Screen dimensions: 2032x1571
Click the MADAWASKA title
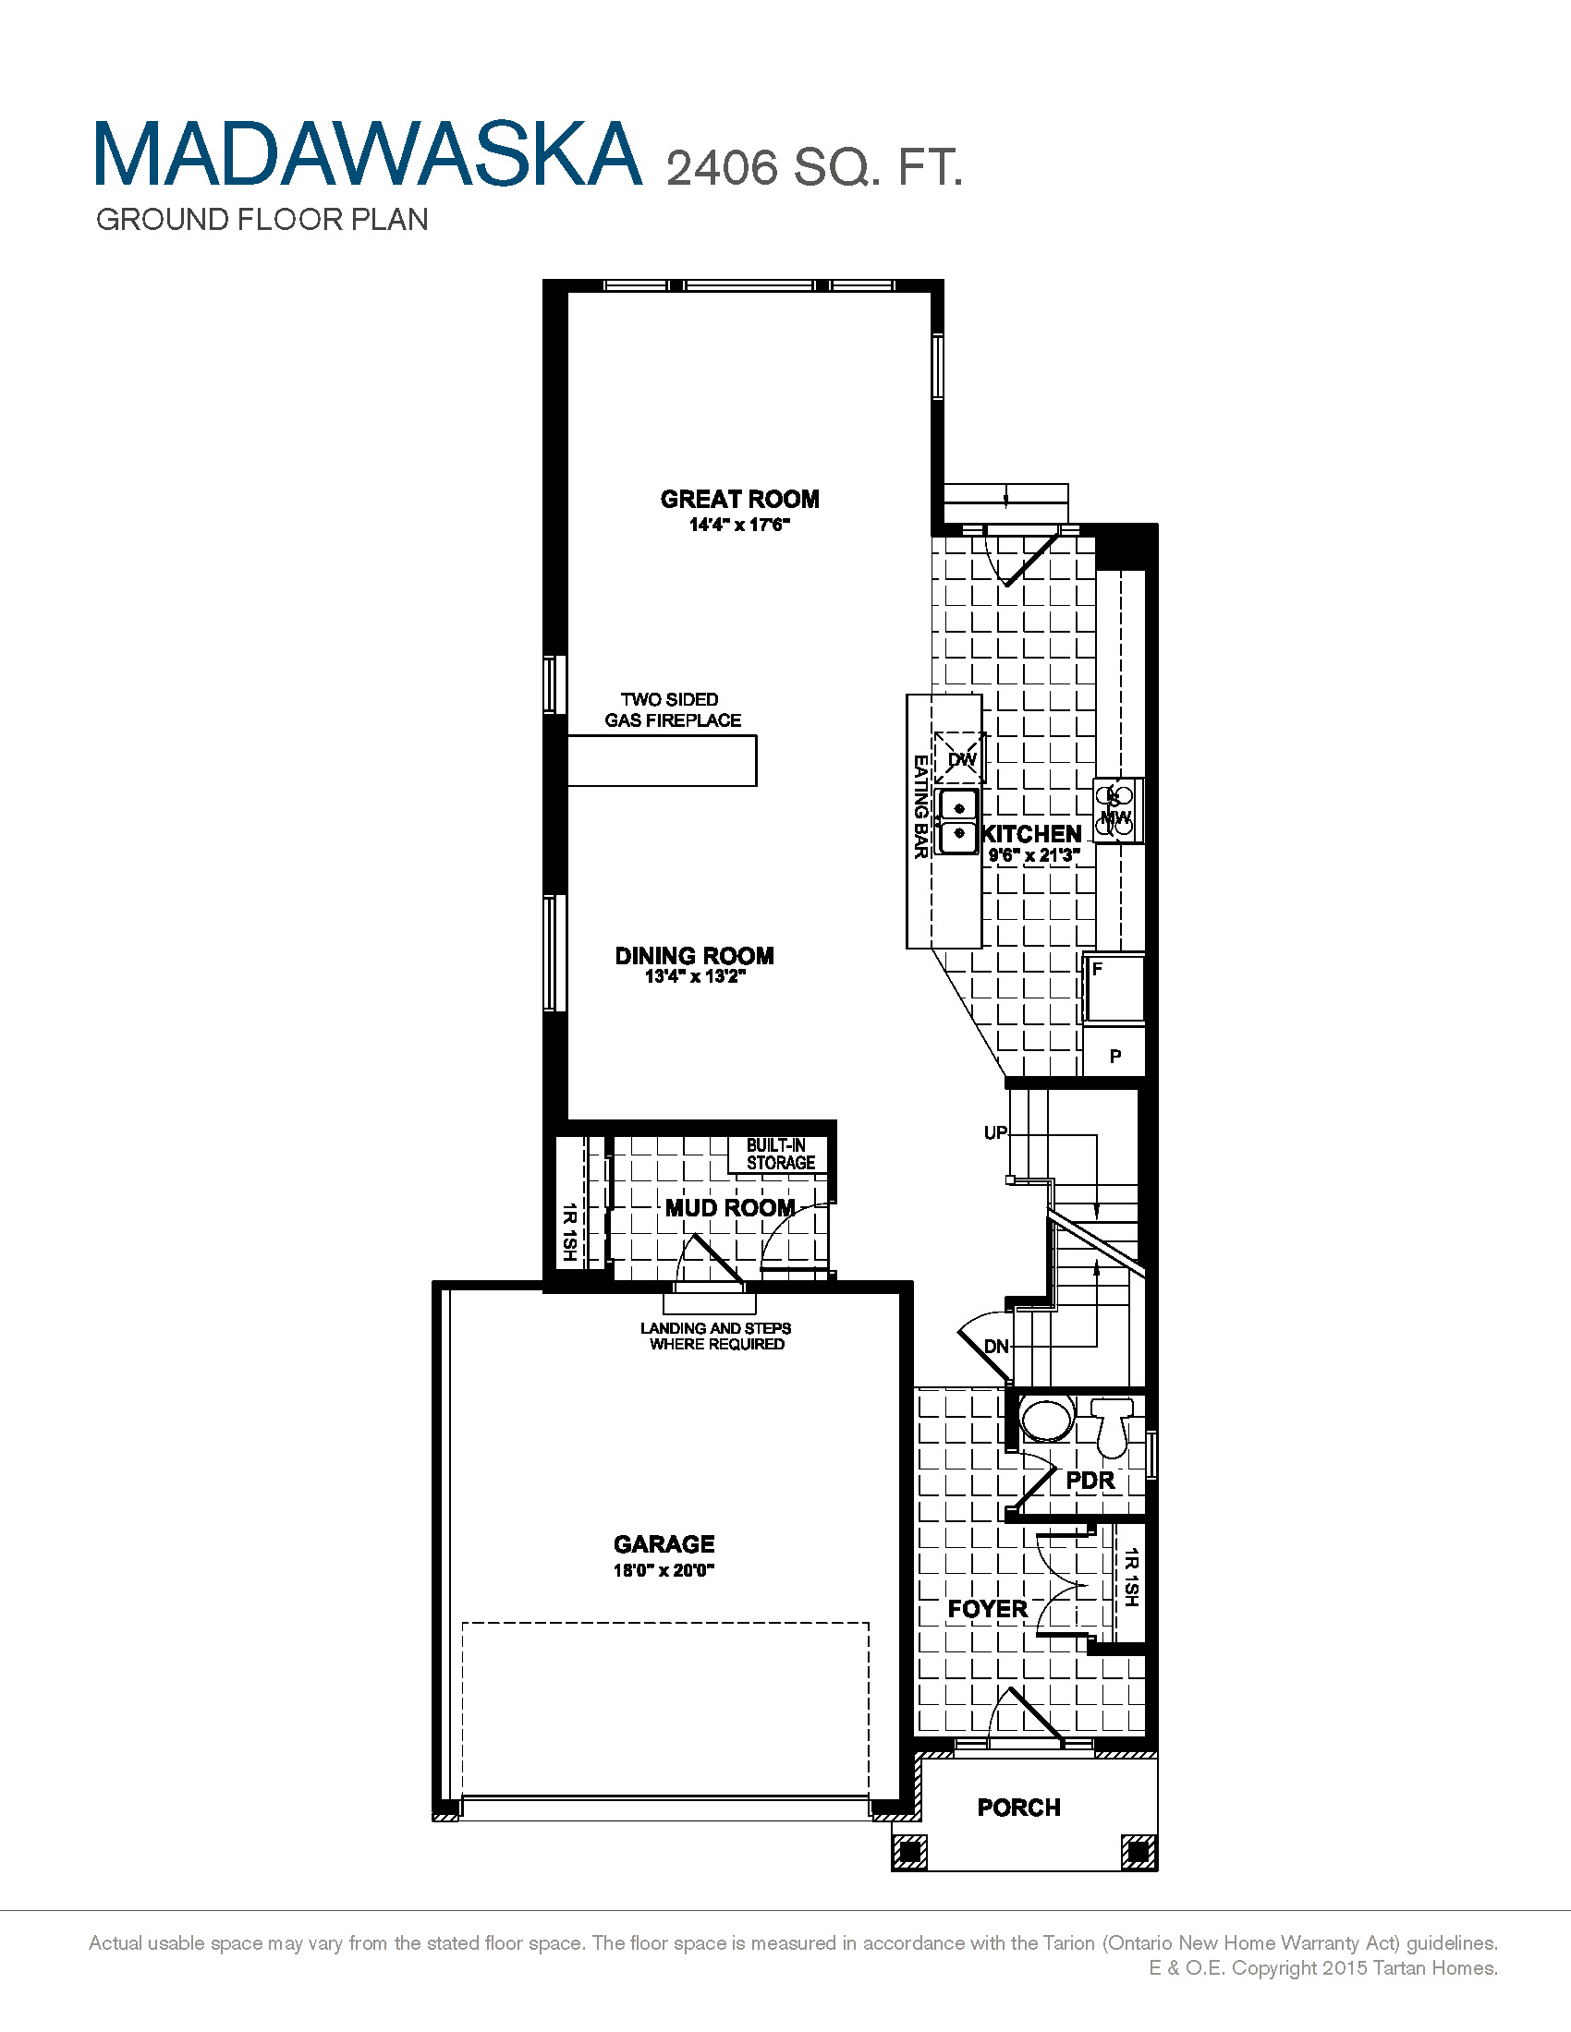click(368, 154)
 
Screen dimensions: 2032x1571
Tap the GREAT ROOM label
click(740, 500)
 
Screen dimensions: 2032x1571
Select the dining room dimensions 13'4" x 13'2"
click(695, 977)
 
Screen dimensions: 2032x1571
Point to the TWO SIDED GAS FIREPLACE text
click(672, 710)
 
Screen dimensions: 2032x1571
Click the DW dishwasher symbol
click(960, 759)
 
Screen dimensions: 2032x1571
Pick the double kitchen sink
click(958, 821)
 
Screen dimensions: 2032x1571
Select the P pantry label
click(1115, 1056)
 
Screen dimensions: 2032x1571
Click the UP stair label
click(995, 1132)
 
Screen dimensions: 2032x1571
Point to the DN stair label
click(996, 1347)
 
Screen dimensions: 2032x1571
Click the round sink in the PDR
click(1047, 1420)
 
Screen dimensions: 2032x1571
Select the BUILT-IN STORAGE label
click(780, 1155)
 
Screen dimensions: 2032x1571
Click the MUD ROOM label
click(730, 1208)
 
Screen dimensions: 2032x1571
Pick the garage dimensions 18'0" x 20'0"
click(664, 1570)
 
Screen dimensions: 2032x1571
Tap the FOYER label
click(987, 1609)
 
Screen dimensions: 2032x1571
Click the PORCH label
click(1019, 1807)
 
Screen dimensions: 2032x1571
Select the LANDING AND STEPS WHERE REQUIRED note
click(715, 1337)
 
